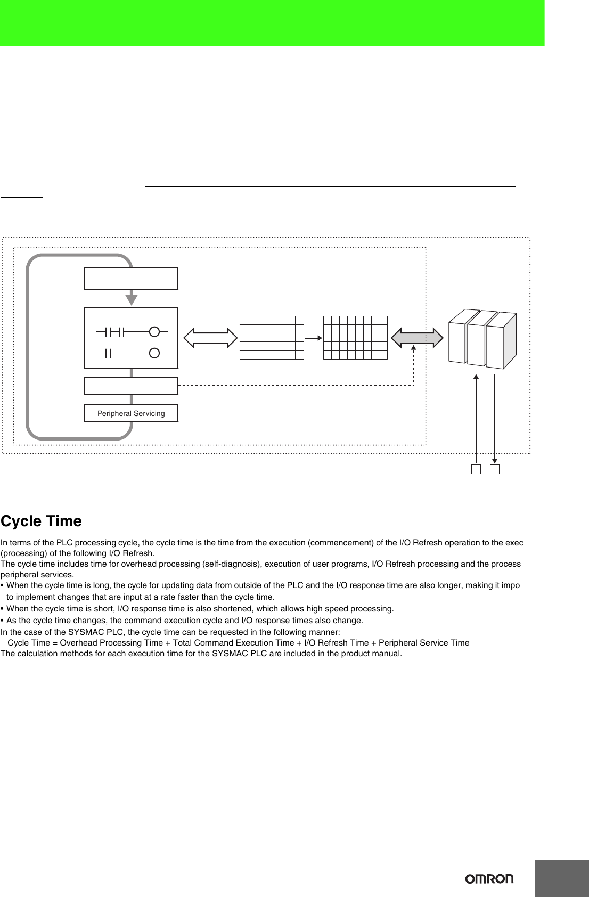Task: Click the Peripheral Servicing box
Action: tap(131, 413)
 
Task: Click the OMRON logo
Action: tap(489, 878)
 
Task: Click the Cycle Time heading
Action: tap(42, 521)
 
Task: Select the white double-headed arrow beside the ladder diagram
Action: tap(210, 338)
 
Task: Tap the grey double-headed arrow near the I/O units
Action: tap(417, 338)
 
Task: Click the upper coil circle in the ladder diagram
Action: tap(154, 332)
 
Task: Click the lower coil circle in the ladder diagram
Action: tap(154, 353)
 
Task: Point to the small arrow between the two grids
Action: tap(314, 338)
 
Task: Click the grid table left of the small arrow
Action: tap(272, 338)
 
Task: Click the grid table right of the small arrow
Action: tap(355, 338)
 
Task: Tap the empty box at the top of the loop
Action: tap(131, 279)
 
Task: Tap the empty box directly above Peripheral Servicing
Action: tap(131, 386)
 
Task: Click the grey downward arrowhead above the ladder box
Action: tap(132, 299)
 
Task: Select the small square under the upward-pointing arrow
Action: tap(476, 469)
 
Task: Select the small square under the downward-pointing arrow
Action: tap(495, 469)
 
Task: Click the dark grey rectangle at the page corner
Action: tap(561, 878)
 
